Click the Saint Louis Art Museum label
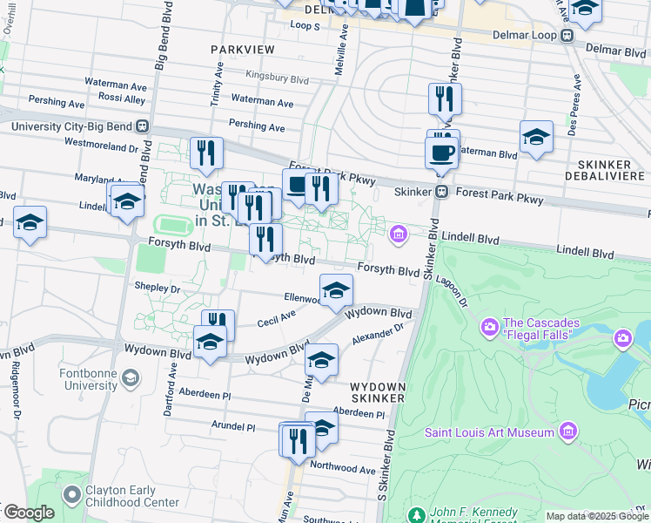click(489, 432)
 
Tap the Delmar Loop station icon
click(567, 36)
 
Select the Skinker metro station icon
click(442, 192)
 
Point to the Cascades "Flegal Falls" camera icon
click(489, 328)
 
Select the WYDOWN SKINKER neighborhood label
click(378, 391)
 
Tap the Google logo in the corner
click(28, 513)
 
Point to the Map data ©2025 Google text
click(598, 516)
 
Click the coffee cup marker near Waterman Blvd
click(442, 153)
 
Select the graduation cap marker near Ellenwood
click(336, 291)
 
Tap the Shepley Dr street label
click(157, 287)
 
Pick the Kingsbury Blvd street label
click(277, 78)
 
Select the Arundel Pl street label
click(232, 427)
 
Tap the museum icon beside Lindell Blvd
click(399, 233)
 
